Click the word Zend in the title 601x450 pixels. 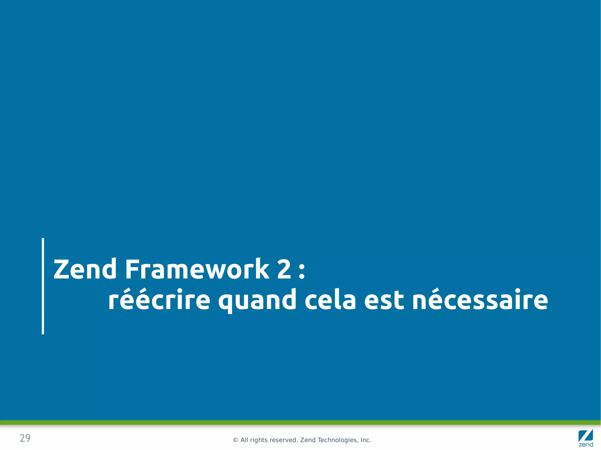pyautogui.click(x=85, y=269)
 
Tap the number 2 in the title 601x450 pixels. pyautogui.click(x=284, y=269)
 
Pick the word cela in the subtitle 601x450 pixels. pyautogui.click(x=330, y=300)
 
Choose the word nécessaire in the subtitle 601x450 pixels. pyautogui.click(x=480, y=300)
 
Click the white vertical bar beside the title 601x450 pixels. pyautogui.click(x=43, y=286)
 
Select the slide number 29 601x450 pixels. pyautogui.click(x=25, y=438)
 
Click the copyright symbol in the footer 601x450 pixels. pyautogui.click(x=235, y=440)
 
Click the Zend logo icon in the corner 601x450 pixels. pyautogui.click(x=586, y=438)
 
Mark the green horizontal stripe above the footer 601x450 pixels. pyautogui.click(x=300, y=422)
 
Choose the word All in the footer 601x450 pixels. pyautogui.click(x=244, y=440)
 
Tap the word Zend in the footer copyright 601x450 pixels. pyautogui.click(x=308, y=440)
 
